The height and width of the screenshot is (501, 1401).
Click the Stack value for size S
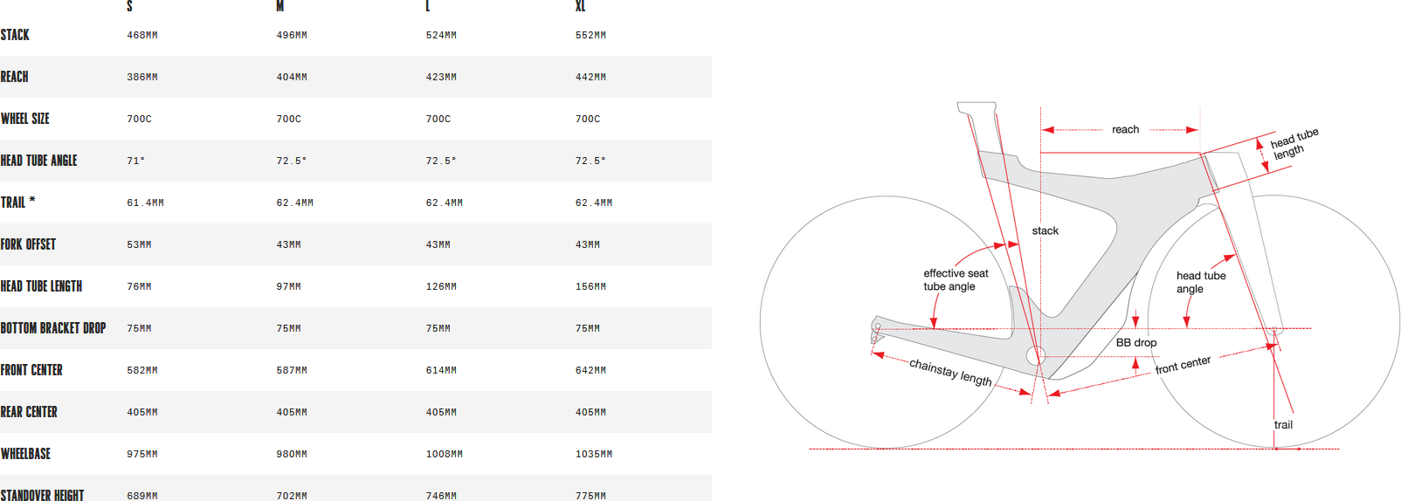142,35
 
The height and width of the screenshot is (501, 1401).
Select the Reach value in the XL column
590,77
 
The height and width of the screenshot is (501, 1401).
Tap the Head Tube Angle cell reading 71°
135,161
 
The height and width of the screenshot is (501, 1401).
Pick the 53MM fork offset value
139,244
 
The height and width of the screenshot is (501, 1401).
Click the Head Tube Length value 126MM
441,286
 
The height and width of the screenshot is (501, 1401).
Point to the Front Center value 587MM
292,370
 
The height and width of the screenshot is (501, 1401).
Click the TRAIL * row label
17,202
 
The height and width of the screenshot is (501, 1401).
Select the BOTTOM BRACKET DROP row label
53,328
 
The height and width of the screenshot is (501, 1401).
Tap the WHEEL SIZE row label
25,119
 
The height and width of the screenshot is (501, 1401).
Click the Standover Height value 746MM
441,496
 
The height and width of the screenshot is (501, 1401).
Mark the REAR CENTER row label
29,412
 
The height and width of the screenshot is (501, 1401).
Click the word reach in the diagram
1125,130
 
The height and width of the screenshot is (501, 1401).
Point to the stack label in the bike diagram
1046,230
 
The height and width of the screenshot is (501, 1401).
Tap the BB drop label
1136,342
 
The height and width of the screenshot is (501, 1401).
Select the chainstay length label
950,373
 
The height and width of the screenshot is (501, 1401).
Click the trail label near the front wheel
1283,425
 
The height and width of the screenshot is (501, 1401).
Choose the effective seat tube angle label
955,280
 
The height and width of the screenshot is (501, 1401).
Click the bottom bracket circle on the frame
1035,356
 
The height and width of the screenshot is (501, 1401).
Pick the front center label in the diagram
1183,365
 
